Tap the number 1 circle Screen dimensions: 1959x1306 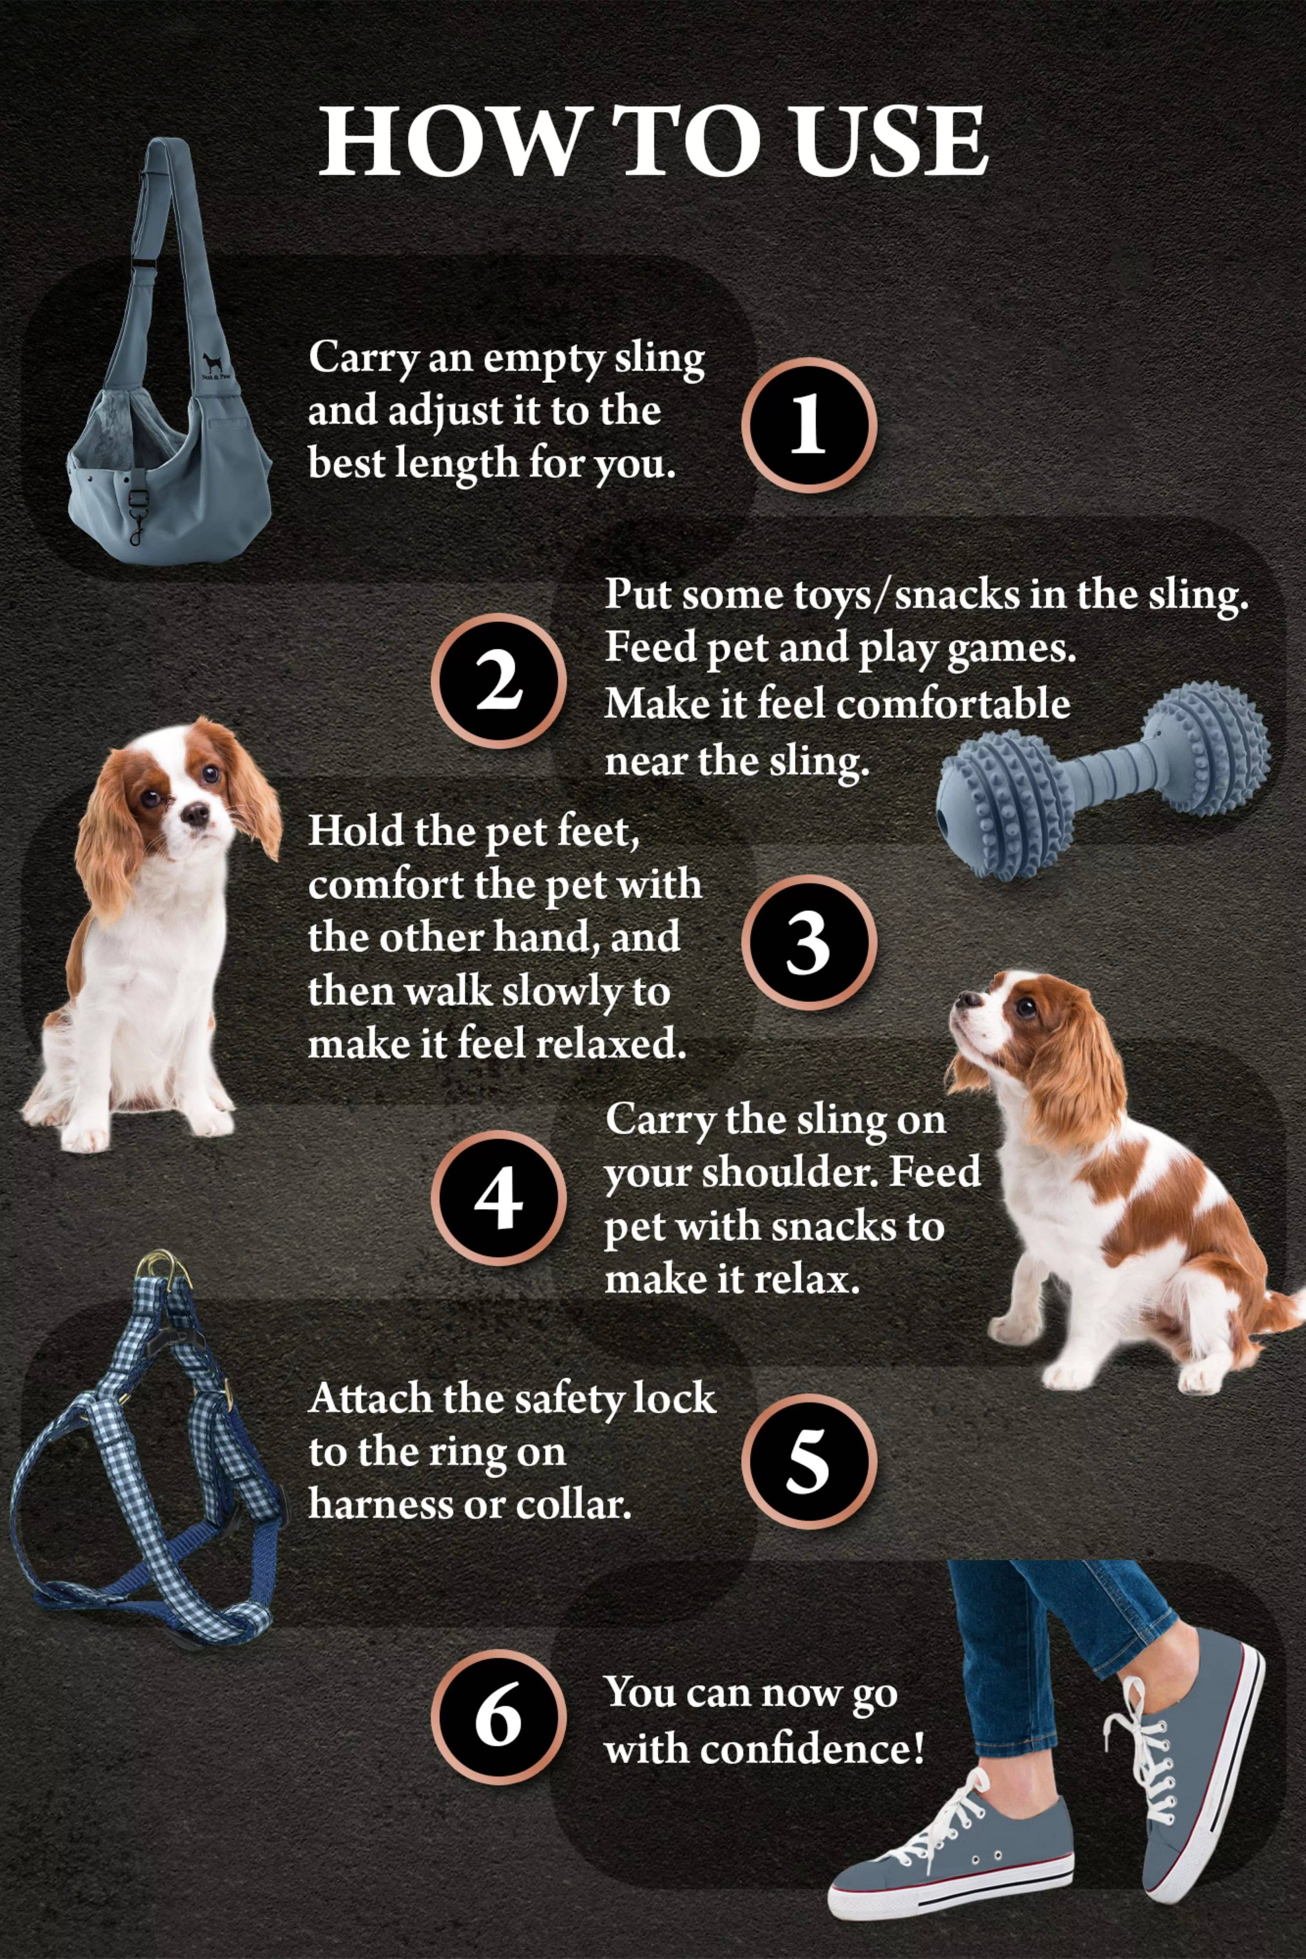(x=808, y=425)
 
